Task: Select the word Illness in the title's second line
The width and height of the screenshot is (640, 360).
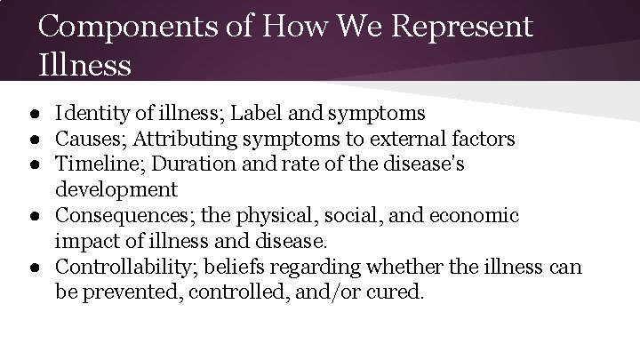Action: pyautogui.click(x=85, y=64)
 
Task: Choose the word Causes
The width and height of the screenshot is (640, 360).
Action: pyautogui.click(x=87, y=139)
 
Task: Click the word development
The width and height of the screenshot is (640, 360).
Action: pyautogui.click(x=116, y=189)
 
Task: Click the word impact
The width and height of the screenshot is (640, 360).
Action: pyautogui.click(x=83, y=241)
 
